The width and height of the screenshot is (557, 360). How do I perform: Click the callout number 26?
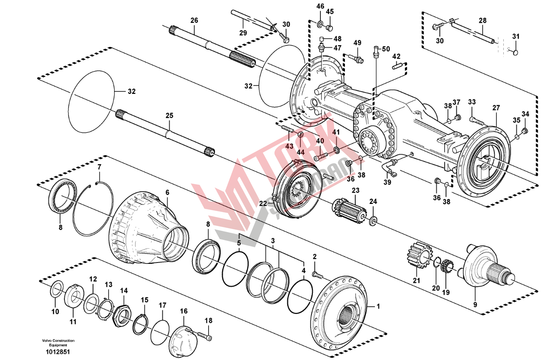point(194,20)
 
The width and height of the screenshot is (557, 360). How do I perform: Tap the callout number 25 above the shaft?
point(169,116)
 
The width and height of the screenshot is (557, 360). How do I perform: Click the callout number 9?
point(475,305)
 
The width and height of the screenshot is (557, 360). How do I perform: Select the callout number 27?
point(496,108)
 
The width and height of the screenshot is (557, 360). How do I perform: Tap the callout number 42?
point(396,57)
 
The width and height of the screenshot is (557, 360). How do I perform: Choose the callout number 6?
point(167,192)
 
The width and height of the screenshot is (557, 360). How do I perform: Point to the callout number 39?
point(387,182)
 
